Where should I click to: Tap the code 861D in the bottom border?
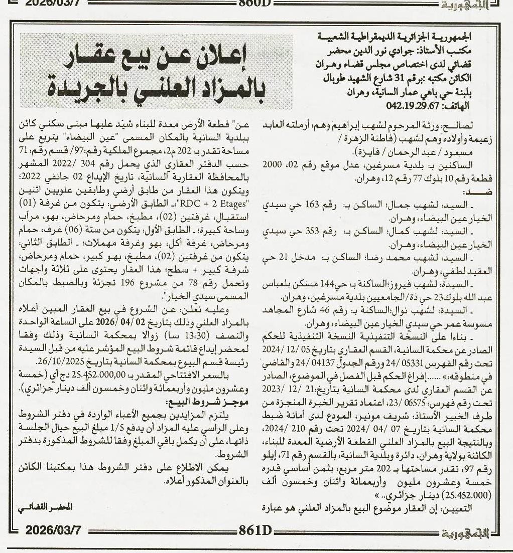coord(255,541)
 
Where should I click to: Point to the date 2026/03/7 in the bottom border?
coord(48,541)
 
